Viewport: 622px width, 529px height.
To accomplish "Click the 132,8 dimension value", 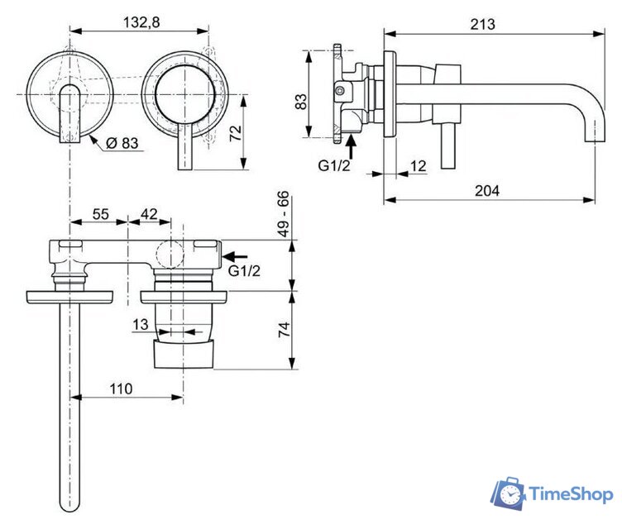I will [x=138, y=22].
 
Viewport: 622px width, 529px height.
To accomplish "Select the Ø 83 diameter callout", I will [x=122, y=143].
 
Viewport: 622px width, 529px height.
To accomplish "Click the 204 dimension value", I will [x=488, y=190].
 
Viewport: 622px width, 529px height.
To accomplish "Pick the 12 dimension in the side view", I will [x=419, y=166].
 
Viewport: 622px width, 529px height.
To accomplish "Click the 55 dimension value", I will [x=100, y=214].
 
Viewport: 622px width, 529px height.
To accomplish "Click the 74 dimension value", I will [x=284, y=331].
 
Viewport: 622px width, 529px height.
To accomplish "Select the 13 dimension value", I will [x=141, y=326].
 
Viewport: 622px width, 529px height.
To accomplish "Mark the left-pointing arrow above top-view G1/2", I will [x=237, y=256].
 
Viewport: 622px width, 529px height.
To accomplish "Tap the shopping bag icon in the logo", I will [x=509, y=493].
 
